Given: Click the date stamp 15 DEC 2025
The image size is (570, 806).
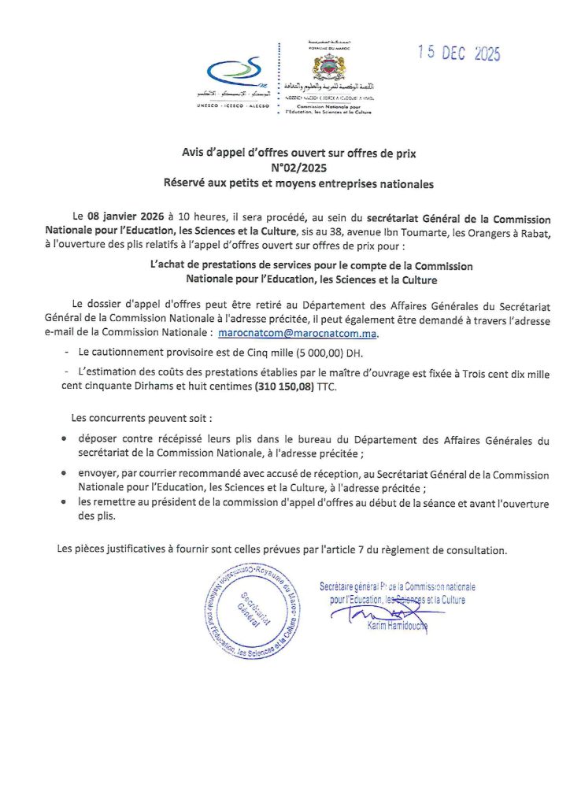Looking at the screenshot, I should pyautogui.click(x=459, y=54).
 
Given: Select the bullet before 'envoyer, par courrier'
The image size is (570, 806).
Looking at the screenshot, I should pyautogui.click(x=64, y=475).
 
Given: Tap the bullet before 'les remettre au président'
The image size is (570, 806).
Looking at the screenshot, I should pyautogui.click(x=64, y=503).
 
